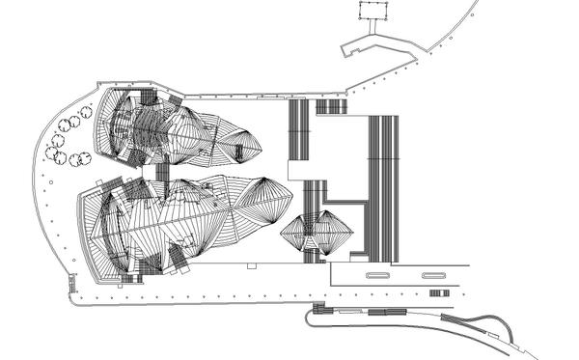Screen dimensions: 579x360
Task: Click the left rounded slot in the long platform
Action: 379,275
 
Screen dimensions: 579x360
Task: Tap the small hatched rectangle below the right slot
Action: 439,292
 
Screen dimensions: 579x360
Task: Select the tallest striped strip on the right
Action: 383,188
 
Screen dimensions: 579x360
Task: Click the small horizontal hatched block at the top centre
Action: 331,106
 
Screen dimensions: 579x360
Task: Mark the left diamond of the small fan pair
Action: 300,233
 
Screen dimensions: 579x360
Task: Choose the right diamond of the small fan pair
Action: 333,233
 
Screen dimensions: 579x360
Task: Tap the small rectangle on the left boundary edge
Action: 71,284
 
